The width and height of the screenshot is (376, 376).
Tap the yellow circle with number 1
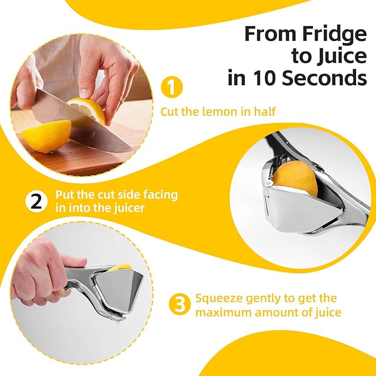point(171,87)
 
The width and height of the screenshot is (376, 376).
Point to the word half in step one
point(263,112)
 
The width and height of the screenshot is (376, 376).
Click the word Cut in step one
point(169,112)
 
